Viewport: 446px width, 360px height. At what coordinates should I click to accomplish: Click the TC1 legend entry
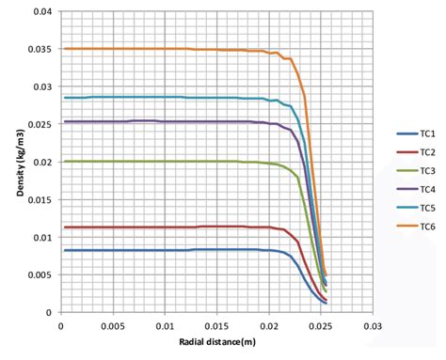[x=421, y=134]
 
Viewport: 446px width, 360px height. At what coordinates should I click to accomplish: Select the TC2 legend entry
[x=421, y=152]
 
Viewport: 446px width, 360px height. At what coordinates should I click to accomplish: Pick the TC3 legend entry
[x=421, y=170]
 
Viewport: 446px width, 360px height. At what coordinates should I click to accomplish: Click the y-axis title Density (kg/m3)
[x=19, y=163]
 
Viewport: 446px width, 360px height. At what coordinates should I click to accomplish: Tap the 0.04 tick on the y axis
[x=40, y=11]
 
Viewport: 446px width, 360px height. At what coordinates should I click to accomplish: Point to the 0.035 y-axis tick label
[x=38, y=49]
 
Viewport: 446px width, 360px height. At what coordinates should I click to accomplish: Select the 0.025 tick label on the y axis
[x=38, y=124]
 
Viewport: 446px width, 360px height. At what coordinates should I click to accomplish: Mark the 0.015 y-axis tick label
[x=38, y=199]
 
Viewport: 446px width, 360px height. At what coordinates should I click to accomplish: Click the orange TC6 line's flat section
[x=141, y=49]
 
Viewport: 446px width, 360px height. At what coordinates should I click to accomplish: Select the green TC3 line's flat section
[x=141, y=162]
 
